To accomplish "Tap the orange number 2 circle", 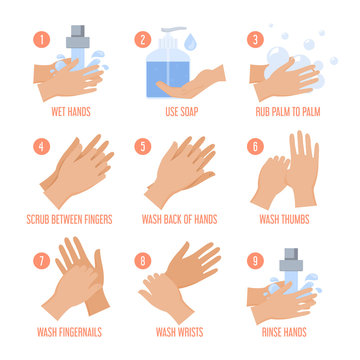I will (144, 41).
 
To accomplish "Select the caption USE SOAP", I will (179, 111).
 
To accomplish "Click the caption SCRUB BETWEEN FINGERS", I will (70, 217).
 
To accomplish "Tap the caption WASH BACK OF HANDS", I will (179, 217).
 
